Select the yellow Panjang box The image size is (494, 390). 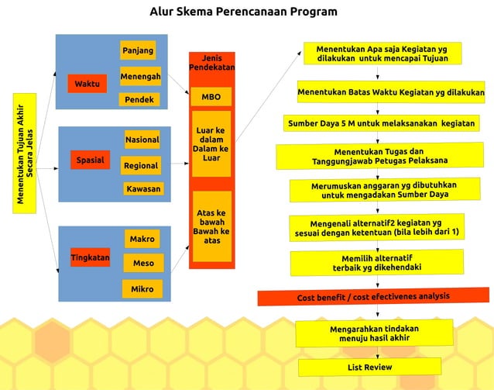click(139, 51)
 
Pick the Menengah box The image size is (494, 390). click(140, 77)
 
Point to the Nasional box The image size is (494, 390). click(142, 140)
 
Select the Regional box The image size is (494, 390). click(141, 165)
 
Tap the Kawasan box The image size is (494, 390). click(142, 188)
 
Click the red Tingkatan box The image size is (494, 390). click(90, 257)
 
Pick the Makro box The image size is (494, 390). click(142, 239)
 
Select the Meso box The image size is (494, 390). click(143, 264)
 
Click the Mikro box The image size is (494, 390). click(142, 289)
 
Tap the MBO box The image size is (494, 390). click(211, 98)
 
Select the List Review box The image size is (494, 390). click(369, 367)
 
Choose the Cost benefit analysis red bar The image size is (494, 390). click(372, 297)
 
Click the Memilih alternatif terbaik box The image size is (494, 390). click(377, 262)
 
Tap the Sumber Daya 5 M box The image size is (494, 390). click(382, 123)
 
